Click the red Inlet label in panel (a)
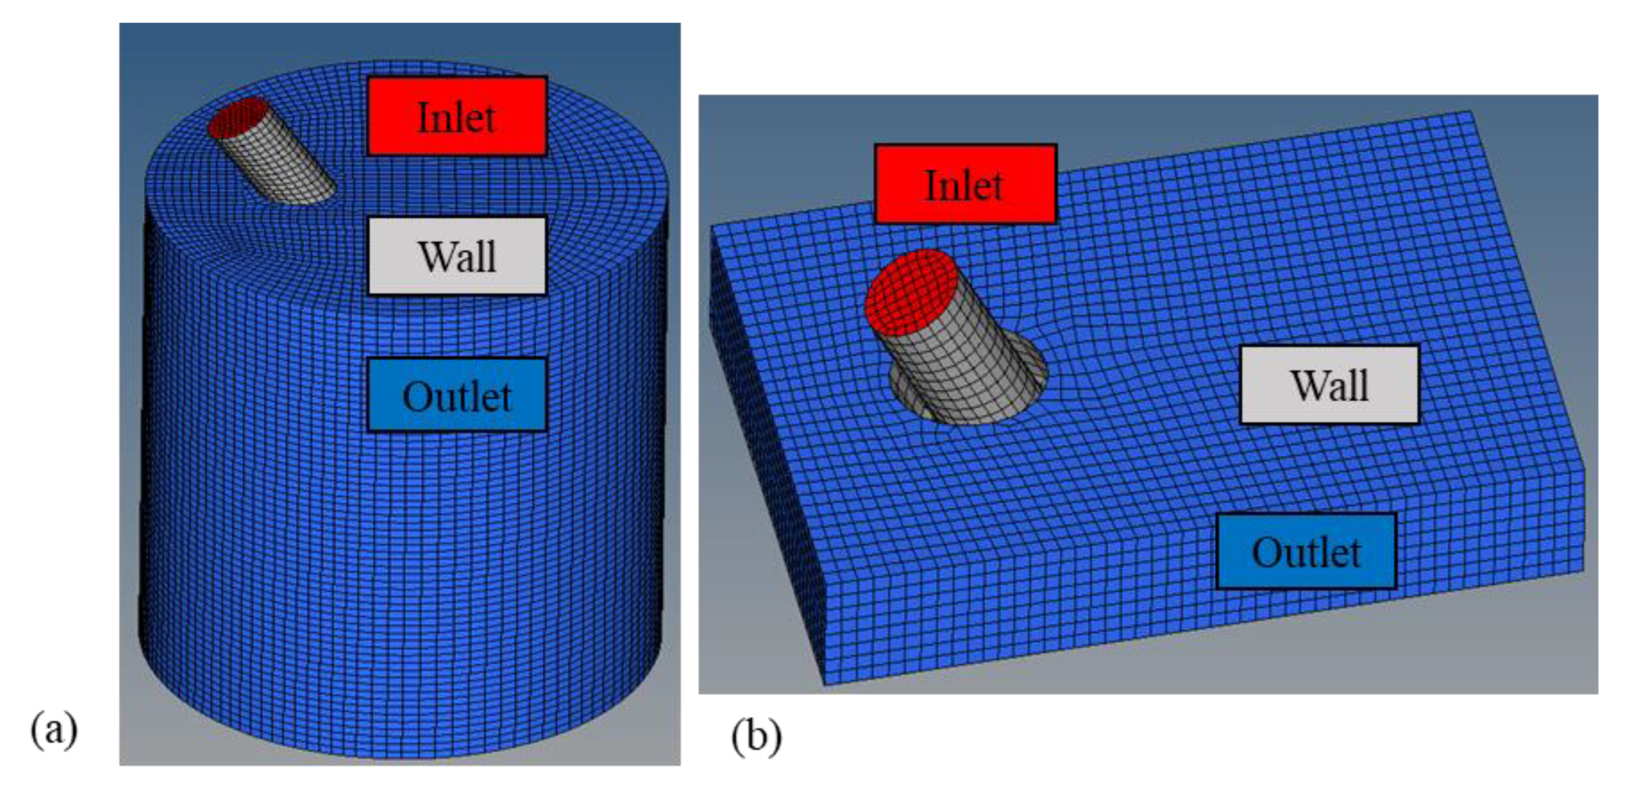click(456, 116)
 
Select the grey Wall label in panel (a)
click(456, 256)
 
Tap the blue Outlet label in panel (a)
click(456, 395)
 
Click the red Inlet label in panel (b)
click(965, 185)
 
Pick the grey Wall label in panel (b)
click(1329, 385)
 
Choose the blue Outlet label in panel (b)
click(1306, 551)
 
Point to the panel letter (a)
click(54, 730)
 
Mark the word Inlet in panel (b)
click(964, 186)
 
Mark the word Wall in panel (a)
click(457, 256)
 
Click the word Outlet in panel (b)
click(1306, 552)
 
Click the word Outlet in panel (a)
click(456, 396)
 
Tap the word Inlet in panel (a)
click(456, 117)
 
